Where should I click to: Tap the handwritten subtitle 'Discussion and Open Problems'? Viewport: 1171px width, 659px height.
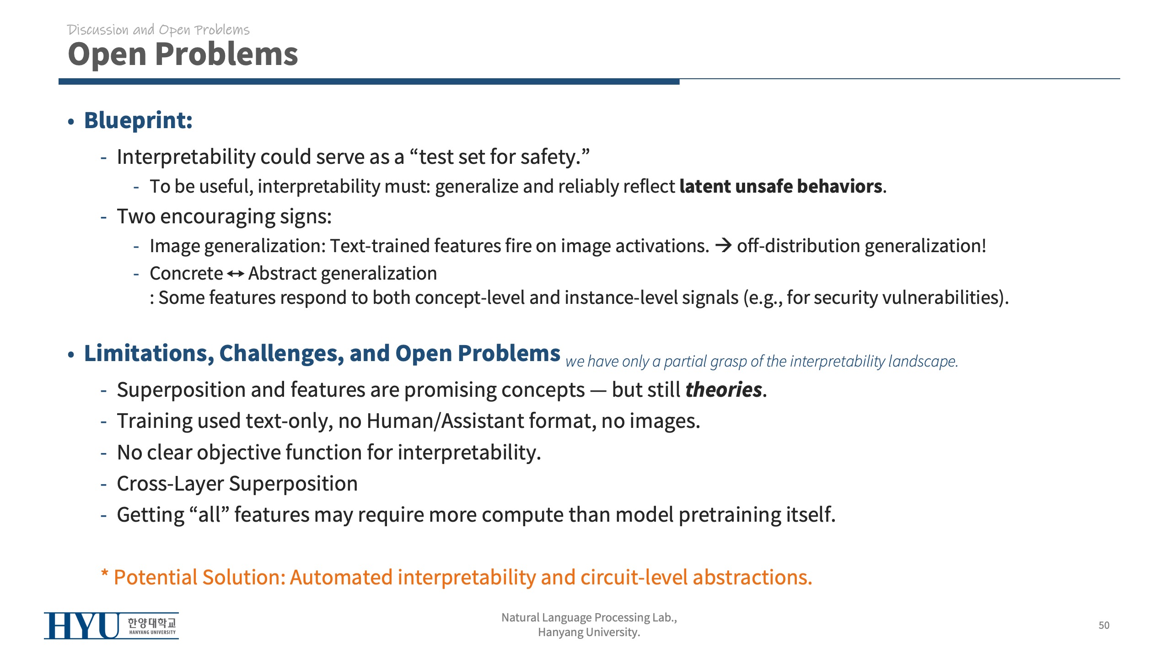[158, 30]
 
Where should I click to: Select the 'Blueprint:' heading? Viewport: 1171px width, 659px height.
[138, 121]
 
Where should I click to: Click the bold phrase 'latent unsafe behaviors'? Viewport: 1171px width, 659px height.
[781, 186]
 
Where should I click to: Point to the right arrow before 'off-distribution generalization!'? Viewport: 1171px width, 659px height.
[723, 246]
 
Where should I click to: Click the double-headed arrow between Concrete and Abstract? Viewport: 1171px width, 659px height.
[236, 274]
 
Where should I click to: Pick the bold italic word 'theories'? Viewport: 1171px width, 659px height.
[724, 390]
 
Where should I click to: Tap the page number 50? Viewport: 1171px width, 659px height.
[1104, 625]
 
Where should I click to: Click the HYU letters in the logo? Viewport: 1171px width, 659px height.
[82, 626]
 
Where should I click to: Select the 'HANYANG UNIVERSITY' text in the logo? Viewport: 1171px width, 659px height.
[152, 632]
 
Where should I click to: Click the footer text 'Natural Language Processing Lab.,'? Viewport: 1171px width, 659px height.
[589, 617]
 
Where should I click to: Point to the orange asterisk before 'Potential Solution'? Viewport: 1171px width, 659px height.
[105, 574]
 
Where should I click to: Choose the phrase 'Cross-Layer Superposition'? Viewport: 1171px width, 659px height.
[237, 484]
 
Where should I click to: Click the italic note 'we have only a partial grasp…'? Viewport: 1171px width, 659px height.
[762, 362]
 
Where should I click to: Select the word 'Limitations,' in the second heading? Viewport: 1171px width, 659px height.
[149, 354]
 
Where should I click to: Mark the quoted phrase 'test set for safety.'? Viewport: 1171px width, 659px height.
[500, 157]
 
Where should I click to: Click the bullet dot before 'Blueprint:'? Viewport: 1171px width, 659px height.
[71, 122]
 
